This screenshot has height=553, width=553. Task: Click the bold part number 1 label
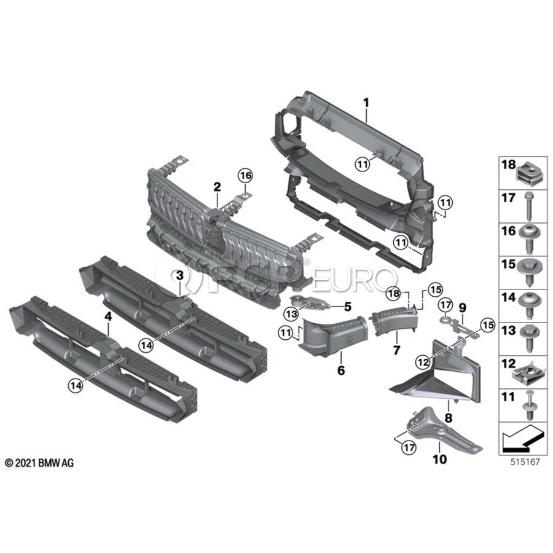366,103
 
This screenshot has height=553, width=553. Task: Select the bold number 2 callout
217,187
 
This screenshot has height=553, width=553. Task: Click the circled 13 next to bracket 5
291,313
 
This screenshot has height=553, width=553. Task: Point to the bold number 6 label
341,371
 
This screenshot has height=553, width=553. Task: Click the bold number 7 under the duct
397,350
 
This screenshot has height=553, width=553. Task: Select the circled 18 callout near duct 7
394,293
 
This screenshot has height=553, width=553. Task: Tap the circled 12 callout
423,362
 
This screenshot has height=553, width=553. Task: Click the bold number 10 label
440,459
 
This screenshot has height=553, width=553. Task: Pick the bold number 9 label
462,308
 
